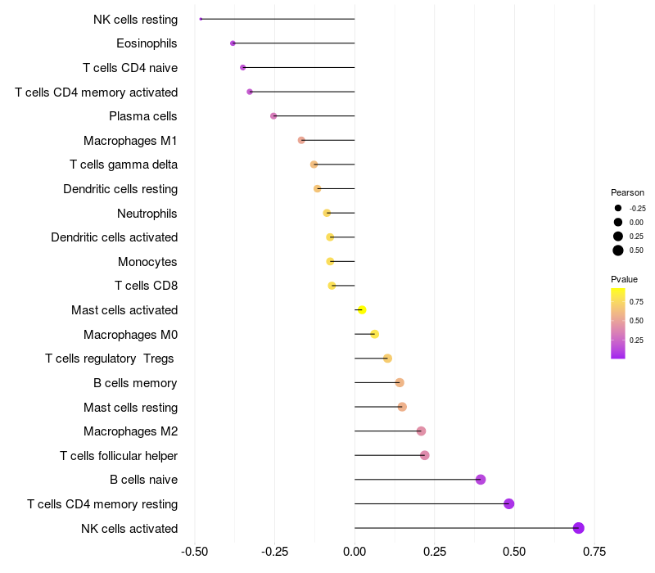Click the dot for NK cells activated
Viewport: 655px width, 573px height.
tap(579, 528)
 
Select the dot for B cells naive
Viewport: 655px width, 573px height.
tap(481, 480)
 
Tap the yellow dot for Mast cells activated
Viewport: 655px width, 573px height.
tap(362, 309)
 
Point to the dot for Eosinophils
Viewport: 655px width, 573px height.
tap(233, 43)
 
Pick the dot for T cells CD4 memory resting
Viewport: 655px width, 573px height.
tap(509, 503)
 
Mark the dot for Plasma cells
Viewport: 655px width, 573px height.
tap(273, 116)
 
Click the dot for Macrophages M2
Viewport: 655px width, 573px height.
tap(421, 431)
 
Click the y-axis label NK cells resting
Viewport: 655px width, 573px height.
tap(135, 19)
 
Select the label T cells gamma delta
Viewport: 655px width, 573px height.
tap(124, 165)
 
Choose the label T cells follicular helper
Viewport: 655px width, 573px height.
tap(119, 455)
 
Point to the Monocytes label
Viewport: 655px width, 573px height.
tap(147, 262)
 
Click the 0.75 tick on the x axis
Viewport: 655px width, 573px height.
tap(594, 552)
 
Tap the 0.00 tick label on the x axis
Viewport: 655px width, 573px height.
tap(355, 552)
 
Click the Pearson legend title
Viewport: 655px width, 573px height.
tap(627, 192)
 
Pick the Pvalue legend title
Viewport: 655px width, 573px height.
tap(625, 279)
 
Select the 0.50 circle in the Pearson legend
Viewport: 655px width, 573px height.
tap(618, 250)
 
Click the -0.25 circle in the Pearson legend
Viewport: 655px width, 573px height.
tap(618, 208)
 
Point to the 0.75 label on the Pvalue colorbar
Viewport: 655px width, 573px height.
tap(636, 301)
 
